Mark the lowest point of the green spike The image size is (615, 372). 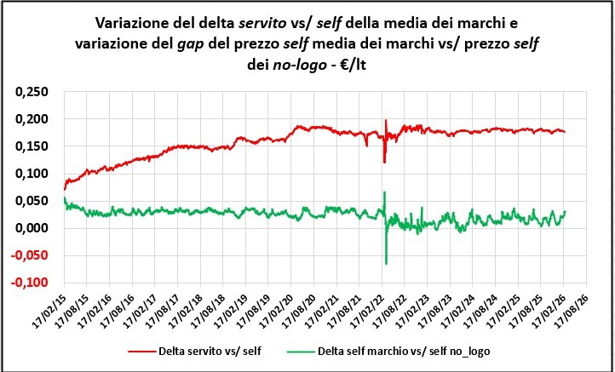point(386,264)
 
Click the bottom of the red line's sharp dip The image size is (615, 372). point(384,162)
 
